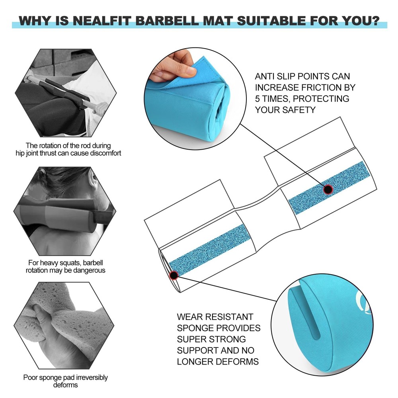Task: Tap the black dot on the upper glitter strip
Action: coord(328,189)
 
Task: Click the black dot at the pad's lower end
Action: coord(173,275)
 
